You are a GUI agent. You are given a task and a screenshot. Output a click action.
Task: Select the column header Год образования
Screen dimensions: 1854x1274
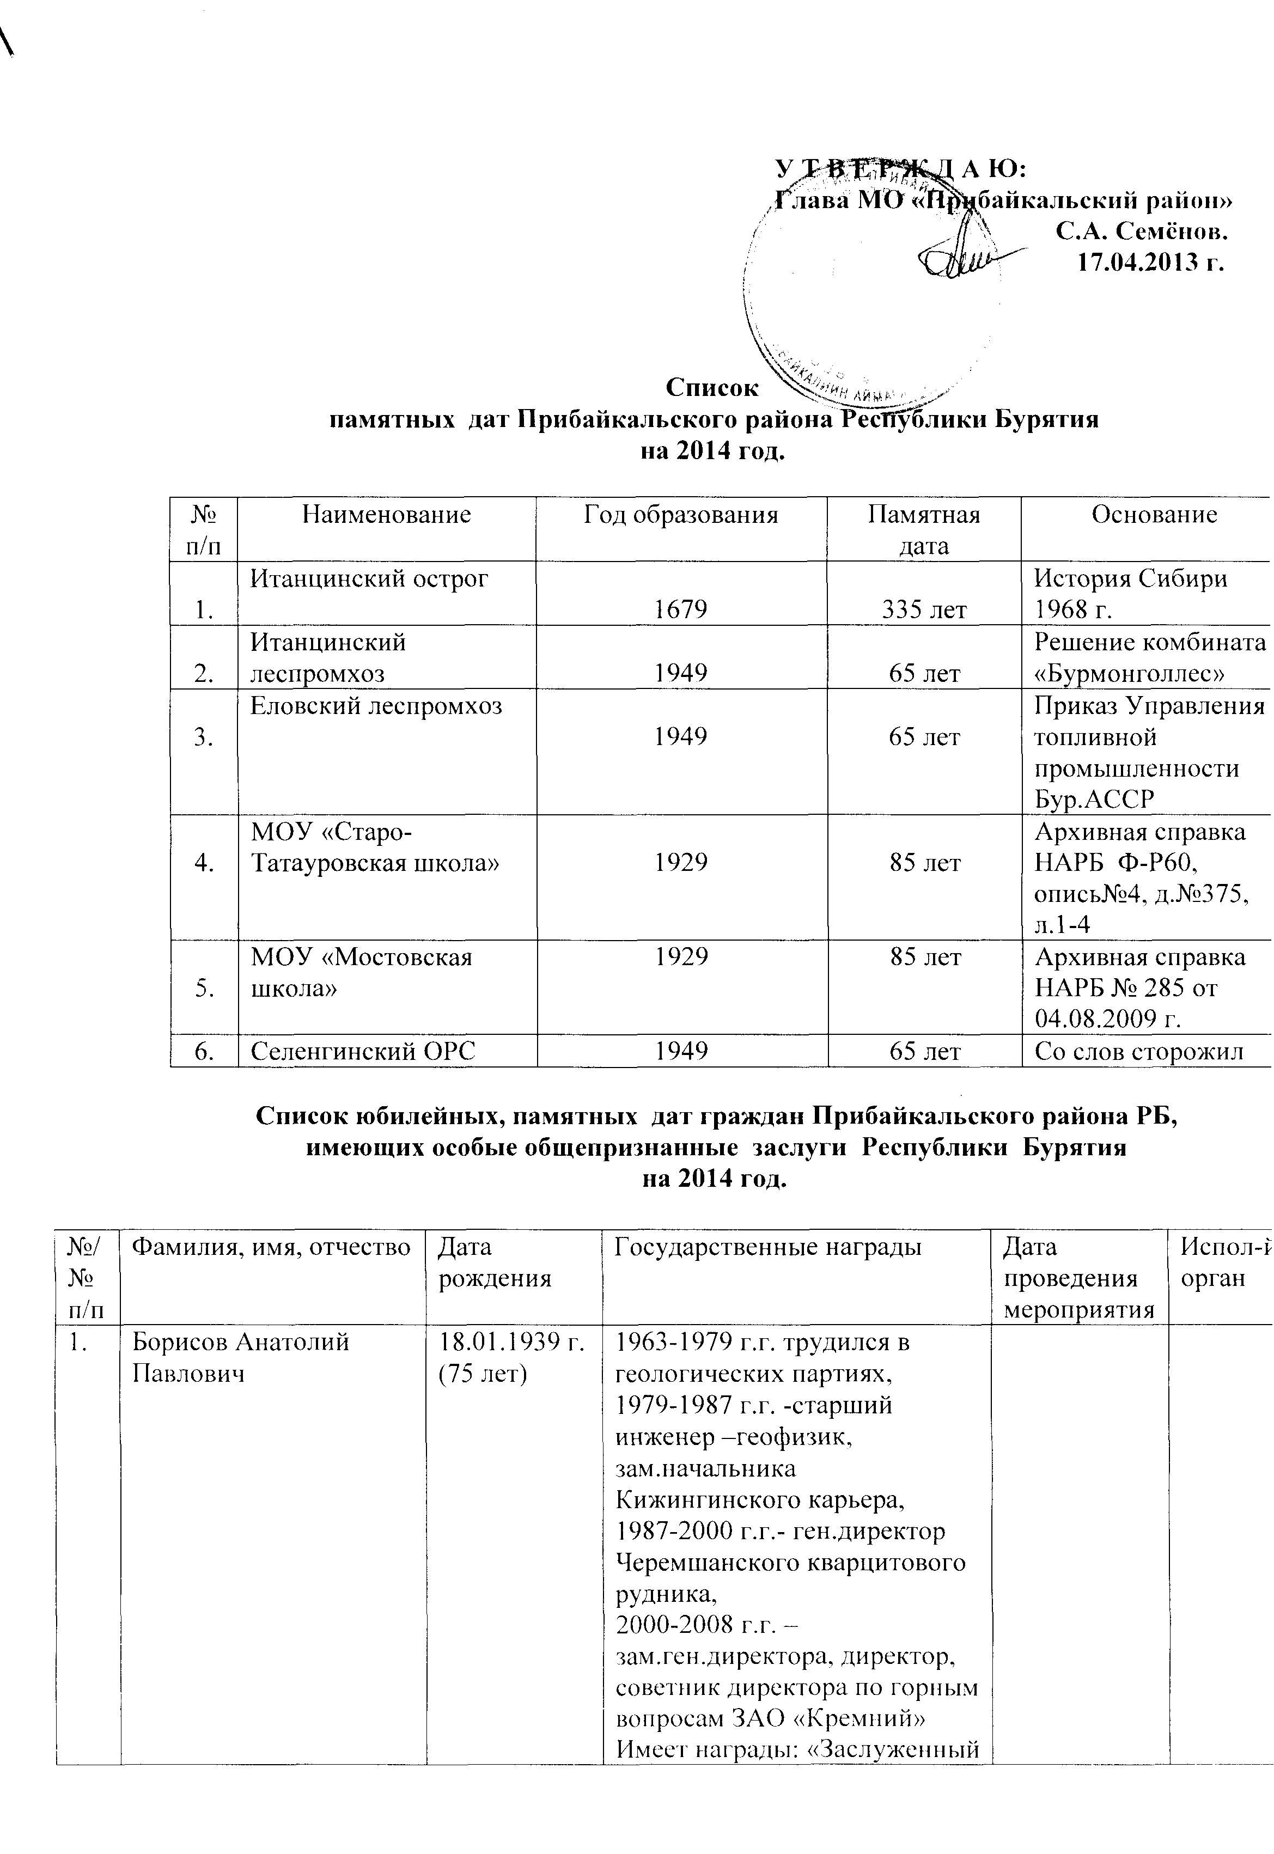681,515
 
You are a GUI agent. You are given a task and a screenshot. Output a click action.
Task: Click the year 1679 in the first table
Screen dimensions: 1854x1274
681,610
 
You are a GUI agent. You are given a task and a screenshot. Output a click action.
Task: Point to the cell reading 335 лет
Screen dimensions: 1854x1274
924,611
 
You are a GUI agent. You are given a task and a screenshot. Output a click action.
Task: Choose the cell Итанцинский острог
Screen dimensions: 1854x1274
370,578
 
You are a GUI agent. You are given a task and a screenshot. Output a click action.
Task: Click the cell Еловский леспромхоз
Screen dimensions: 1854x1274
376,705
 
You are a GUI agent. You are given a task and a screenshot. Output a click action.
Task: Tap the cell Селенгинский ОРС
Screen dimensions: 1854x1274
363,1052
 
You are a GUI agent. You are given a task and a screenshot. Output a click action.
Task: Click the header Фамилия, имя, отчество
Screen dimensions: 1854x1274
271,1247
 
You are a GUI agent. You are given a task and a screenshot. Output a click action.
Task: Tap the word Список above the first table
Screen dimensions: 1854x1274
713,387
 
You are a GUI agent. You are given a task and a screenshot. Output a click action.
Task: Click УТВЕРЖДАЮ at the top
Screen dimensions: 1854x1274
900,168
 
